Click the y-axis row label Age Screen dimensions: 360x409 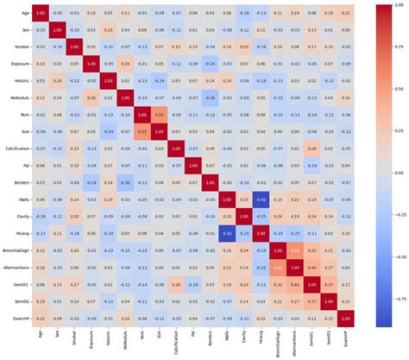[x=20, y=14]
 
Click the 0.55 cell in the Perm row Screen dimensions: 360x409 [x=158, y=113]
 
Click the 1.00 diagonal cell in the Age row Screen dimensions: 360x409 [x=41, y=14]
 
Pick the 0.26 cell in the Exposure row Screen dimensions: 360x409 [x=124, y=63]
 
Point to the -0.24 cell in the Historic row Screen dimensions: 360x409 [x=158, y=79]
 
